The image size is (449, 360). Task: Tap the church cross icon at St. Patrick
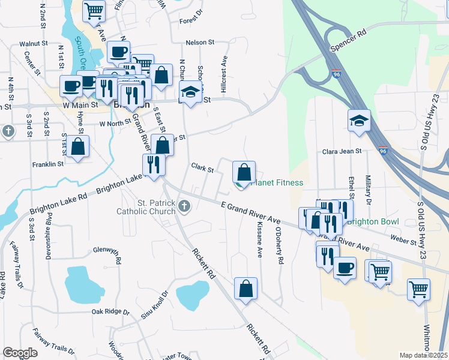tap(184, 207)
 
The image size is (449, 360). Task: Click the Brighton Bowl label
tap(373, 221)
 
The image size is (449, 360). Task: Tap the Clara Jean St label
tap(342, 152)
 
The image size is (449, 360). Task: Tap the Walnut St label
tap(33, 44)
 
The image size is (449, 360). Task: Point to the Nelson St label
tap(200, 43)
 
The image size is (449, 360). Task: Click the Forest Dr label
tap(192, 20)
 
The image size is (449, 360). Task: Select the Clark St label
tap(202, 169)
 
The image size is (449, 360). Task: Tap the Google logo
tap(20, 353)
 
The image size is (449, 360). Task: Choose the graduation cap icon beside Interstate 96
tap(359, 120)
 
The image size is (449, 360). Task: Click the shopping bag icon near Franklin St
tap(78, 146)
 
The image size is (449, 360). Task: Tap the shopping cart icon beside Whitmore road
tap(419, 289)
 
